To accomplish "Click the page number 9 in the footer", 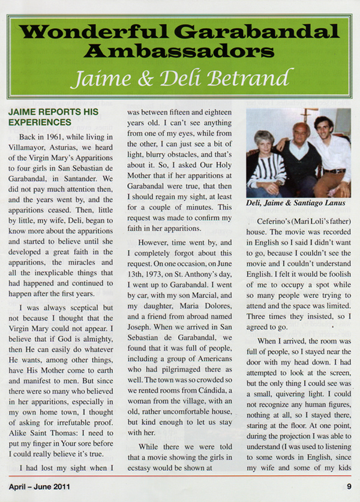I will pyautogui.click(x=349, y=486).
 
